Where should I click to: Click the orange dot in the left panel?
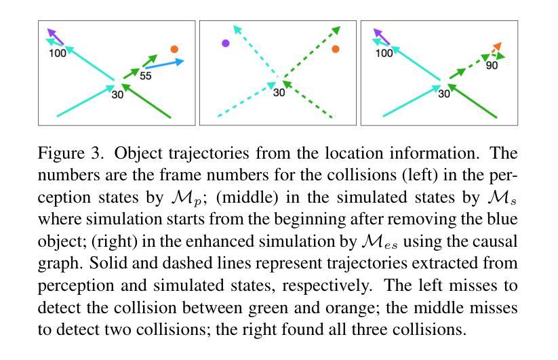(x=174, y=49)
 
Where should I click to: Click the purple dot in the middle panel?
(x=225, y=43)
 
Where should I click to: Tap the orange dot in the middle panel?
(x=335, y=49)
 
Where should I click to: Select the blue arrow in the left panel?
(x=164, y=64)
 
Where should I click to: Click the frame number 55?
(x=146, y=76)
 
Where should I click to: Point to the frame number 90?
(x=492, y=66)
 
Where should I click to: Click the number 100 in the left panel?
(x=58, y=54)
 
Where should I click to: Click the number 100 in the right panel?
(x=384, y=54)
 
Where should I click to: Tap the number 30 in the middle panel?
(x=279, y=92)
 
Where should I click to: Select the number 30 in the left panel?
(x=117, y=95)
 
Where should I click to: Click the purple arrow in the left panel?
(x=55, y=37)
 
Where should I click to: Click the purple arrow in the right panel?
(x=382, y=37)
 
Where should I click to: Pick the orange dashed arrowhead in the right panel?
(x=497, y=47)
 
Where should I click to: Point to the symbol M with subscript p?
(x=186, y=198)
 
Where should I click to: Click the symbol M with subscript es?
(x=380, y=242)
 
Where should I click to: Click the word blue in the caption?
(x=502, y=219)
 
